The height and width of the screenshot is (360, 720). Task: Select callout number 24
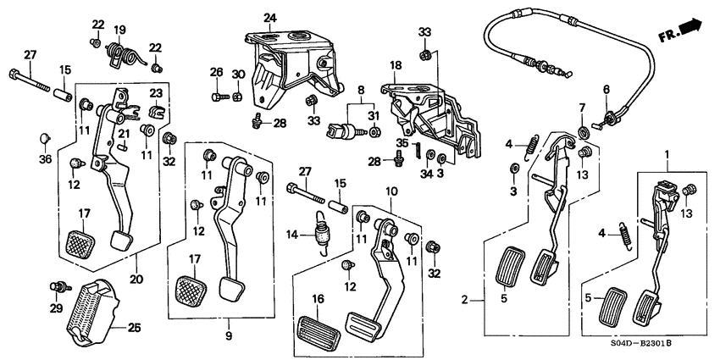click(270, 17)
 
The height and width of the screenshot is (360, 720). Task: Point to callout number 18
click(395, 65)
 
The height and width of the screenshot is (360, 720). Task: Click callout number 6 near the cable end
click(606, 89)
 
